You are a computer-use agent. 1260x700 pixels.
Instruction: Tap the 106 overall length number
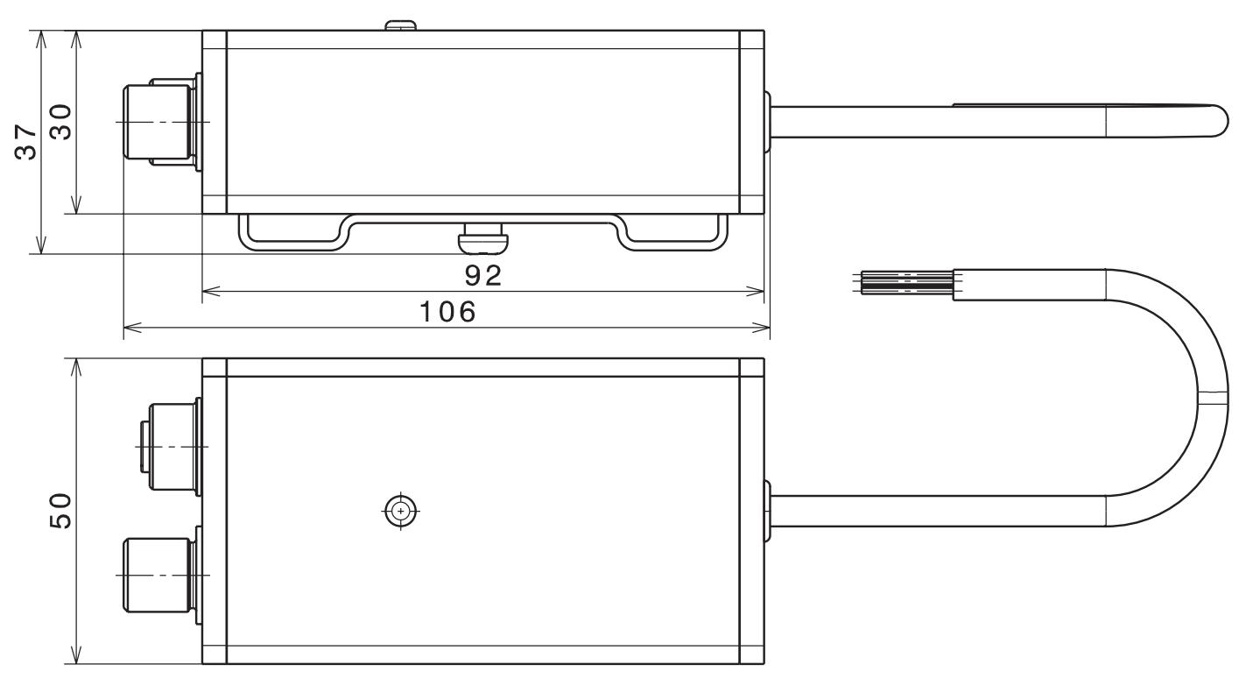click(447, 312)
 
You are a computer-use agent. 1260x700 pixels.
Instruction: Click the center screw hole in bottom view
click(401, 511)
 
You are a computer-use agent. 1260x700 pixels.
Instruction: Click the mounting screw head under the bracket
click(482, 234)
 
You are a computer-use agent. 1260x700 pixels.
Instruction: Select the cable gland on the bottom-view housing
click(768, 511)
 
